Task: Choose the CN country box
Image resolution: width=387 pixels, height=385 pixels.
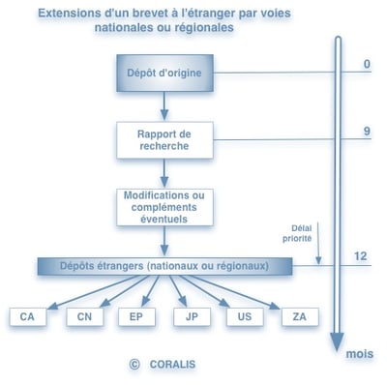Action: click(84, 316)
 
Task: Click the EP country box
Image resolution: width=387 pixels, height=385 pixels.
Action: click(135, 316)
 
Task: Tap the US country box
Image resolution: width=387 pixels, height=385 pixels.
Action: click(244, 316)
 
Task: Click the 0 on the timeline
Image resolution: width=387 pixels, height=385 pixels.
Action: click(367, 65)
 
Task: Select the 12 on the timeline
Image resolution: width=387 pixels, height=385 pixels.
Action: click(362, 256)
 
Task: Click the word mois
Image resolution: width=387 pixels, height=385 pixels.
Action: click(360, 354)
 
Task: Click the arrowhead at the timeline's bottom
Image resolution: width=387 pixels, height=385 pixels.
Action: click(337, 344)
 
